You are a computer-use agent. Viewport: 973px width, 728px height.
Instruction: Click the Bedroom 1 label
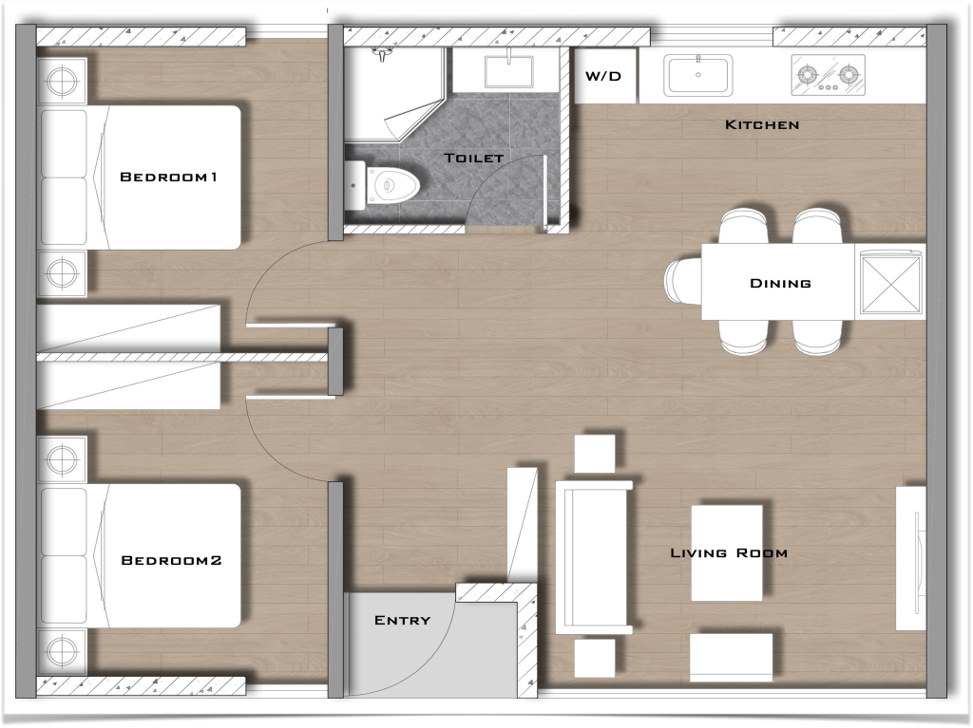(x=169, y=177)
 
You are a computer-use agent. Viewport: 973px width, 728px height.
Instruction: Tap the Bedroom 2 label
(x=171, y=561)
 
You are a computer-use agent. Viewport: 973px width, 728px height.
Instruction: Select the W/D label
(x=603, y=75)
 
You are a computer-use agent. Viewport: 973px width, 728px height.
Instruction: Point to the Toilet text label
(x=473, y=158)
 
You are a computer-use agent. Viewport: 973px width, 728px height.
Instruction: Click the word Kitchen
(x=762, y=124)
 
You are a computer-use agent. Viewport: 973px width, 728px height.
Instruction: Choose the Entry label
(x=402, y=620)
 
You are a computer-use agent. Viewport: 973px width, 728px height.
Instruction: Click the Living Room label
(x=729, y=552)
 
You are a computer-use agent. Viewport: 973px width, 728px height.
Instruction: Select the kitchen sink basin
(x=698, y=75)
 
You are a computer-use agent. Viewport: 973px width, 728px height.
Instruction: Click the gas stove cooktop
(x=829, y=75)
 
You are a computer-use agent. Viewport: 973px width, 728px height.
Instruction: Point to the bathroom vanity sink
(x=509, y=71)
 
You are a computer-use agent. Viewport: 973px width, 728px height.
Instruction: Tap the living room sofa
(x=594, y=558)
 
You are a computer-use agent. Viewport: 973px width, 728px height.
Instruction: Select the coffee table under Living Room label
(x=727, y=552)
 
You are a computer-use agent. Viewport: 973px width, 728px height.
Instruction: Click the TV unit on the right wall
(x=910, y=558)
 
